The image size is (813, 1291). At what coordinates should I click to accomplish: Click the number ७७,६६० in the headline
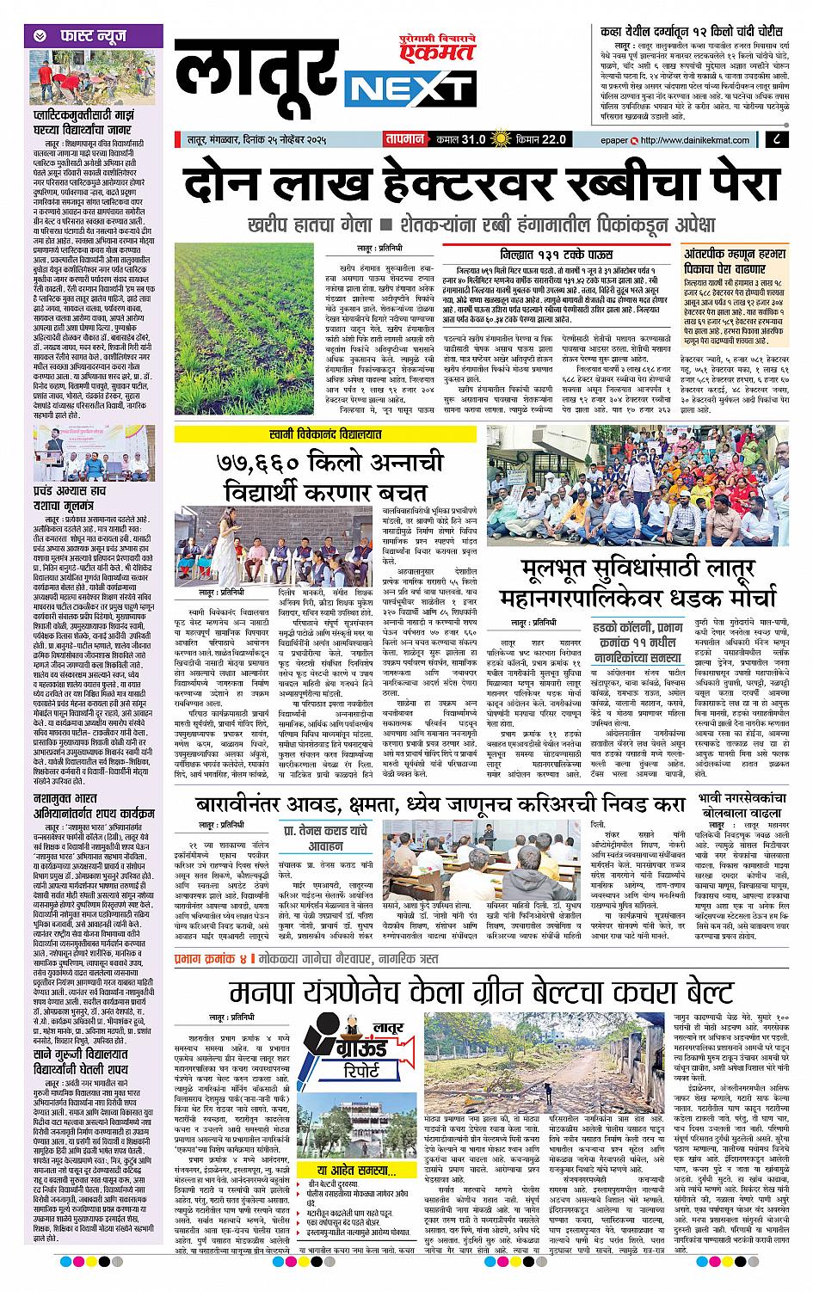point(264,467)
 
